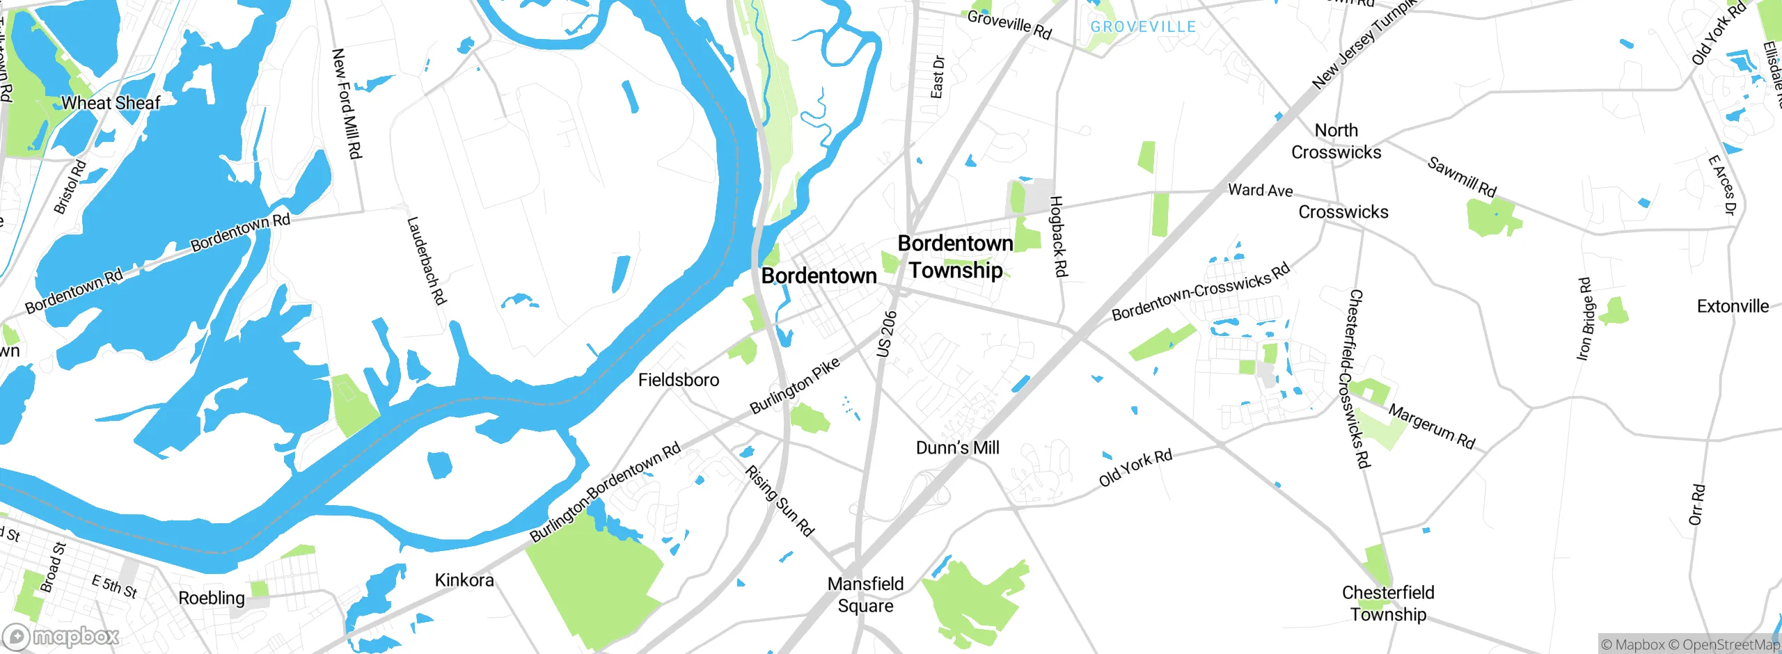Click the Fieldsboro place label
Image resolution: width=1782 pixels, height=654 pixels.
point(678,380)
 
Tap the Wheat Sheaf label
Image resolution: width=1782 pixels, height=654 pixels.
point(111,103)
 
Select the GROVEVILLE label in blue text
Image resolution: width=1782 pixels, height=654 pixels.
point(1142,27)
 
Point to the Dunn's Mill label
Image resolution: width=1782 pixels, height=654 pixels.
point(957,447)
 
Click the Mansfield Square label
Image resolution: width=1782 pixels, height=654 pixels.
point(865,595)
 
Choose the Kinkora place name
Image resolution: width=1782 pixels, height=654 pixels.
point(464,580)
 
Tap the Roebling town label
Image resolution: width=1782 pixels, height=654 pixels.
point(212,598)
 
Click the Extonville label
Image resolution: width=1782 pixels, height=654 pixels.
point(1732,307)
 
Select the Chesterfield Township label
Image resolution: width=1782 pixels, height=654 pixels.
point(1388,603)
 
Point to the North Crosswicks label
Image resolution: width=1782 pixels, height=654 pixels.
point(1336,141)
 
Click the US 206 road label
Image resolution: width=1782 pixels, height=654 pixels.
point(887,334)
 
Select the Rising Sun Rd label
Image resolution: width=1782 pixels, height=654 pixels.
point(780,501)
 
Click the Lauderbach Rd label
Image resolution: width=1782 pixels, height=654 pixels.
point(426,261)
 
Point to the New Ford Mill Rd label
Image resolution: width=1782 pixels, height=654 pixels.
point(347,103)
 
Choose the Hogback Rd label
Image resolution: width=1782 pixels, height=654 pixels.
point(1058,237)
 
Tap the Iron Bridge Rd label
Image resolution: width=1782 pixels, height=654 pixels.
point(1585,319)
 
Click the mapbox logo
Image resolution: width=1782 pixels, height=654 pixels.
point(61,637)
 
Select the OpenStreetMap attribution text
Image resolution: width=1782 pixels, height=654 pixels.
point(1729,645)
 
